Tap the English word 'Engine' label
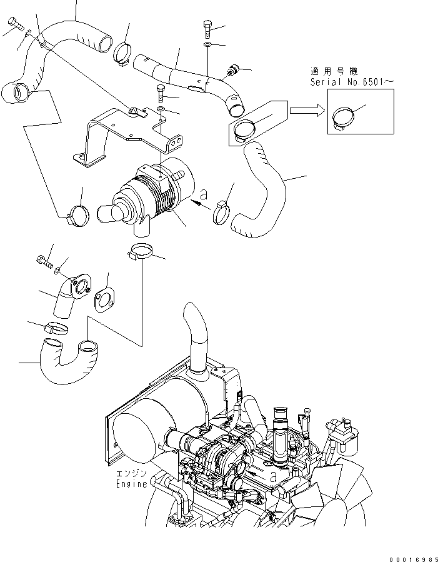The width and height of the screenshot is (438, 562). click(131, 483)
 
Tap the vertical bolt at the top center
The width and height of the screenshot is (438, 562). click(207, 29)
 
